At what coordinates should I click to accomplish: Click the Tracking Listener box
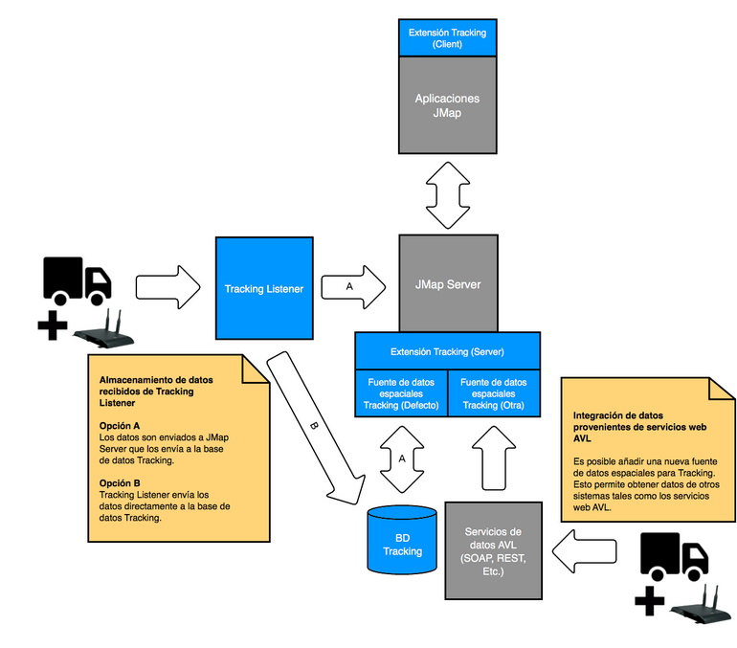[x=264, y=288]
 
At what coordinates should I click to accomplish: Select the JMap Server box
[x=448, y=284]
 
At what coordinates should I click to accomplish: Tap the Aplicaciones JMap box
[x=448, y=105]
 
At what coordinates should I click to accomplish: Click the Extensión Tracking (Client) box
[x=448, y=38]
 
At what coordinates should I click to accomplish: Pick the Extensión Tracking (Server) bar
[x=448, y=351]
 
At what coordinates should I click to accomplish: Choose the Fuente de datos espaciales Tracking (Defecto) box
[x=401, y=393]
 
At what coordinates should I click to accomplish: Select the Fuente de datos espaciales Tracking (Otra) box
[x=494, y=393]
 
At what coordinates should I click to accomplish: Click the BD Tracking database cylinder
[x=402, y=540]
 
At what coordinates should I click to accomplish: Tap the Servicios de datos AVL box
[x=494, y=550]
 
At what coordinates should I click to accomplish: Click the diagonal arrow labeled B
[x=316, y=427]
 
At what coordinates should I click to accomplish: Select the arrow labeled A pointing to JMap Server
[x=353, y=286]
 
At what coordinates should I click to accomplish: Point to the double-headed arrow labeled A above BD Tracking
[x=402, y=459]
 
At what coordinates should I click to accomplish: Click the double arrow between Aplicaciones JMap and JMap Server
[x=448, y=195]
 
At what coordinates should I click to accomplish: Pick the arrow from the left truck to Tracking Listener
[x=168, y=287]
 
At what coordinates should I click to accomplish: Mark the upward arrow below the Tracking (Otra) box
[x=494, y=458]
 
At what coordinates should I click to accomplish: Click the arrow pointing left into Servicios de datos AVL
[x=584, y=551]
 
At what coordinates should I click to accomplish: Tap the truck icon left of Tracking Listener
[x=78, y=281]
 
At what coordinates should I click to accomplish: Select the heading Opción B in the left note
[x=120, y=483]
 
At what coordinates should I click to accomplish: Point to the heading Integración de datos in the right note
[x=618, y=415]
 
